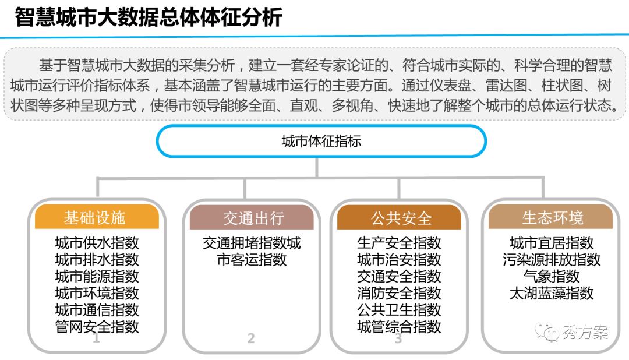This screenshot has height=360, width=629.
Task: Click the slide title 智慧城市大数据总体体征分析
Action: pos(149,17)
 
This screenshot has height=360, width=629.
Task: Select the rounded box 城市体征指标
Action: pos(321,142)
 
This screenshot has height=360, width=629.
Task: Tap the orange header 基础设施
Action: pos(97,218)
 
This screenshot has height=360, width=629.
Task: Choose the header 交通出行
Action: pos(252,218)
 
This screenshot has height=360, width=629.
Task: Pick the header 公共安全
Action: pos(400,218)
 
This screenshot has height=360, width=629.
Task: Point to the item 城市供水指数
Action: pos(97,242)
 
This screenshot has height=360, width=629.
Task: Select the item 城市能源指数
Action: pos(97,276)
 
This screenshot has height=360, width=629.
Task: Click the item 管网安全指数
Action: pos(97,327)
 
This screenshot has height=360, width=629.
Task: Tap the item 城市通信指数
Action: pos(97,310)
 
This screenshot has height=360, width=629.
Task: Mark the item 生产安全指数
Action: pos(399,242)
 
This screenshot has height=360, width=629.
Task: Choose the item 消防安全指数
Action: pos(399,293)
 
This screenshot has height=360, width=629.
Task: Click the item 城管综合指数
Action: pos(399,327)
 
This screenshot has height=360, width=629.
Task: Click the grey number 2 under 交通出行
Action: pos(251,338)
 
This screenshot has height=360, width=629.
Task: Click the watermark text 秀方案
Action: pos(585,333)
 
